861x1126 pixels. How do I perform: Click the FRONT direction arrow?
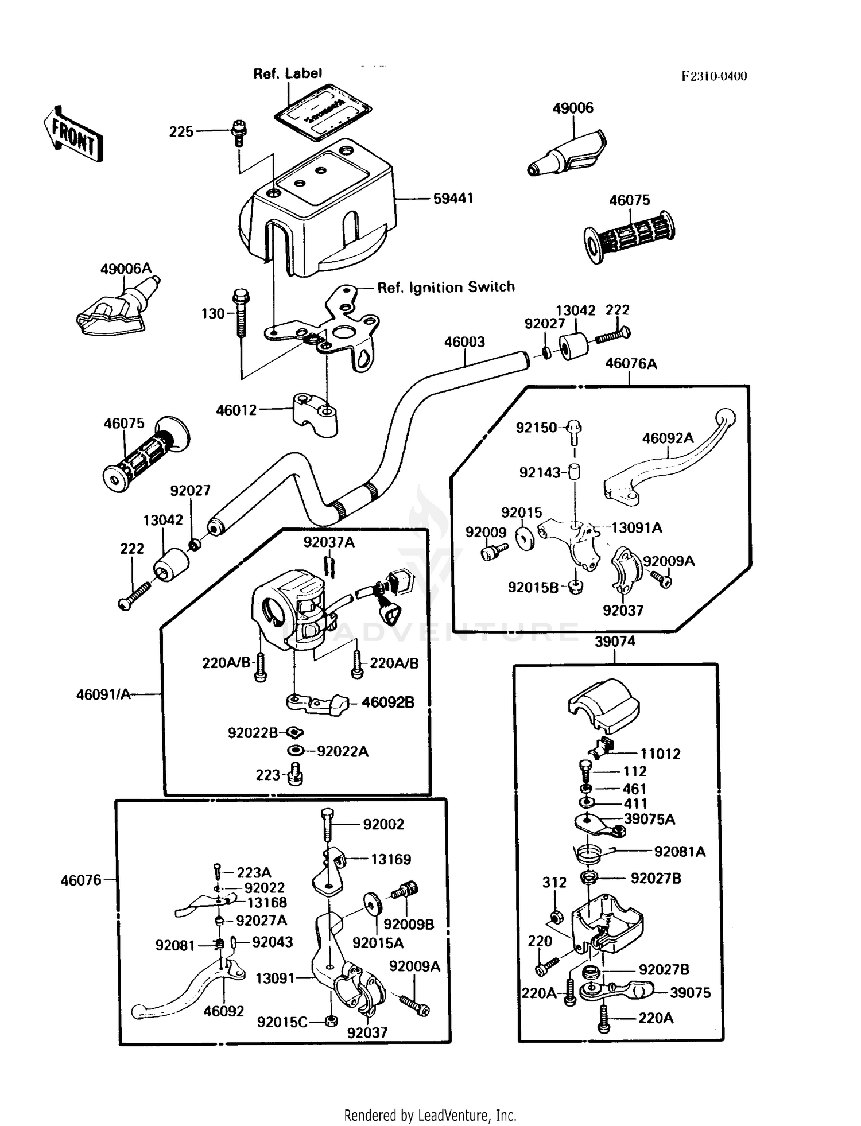[73, 134]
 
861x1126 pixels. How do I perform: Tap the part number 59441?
[453, 199]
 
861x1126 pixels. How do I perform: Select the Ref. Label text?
[288, 73]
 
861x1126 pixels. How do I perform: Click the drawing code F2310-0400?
[714, 76]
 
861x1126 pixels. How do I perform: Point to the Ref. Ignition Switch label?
[446, 287]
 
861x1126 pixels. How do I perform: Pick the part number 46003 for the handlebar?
[464, 342]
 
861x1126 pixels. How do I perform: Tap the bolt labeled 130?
[241, 313]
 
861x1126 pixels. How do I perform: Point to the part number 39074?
[615, 642]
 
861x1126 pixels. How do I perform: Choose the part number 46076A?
[631, 363]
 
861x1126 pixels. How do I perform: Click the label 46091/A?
[103, 695]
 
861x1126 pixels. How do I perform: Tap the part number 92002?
[383, 824]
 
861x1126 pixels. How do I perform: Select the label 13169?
[390, 859]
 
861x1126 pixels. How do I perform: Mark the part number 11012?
[660, 754]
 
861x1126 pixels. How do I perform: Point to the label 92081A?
[680, 852]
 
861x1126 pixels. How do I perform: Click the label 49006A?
[126, 269]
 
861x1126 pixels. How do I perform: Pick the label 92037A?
[329, 542]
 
